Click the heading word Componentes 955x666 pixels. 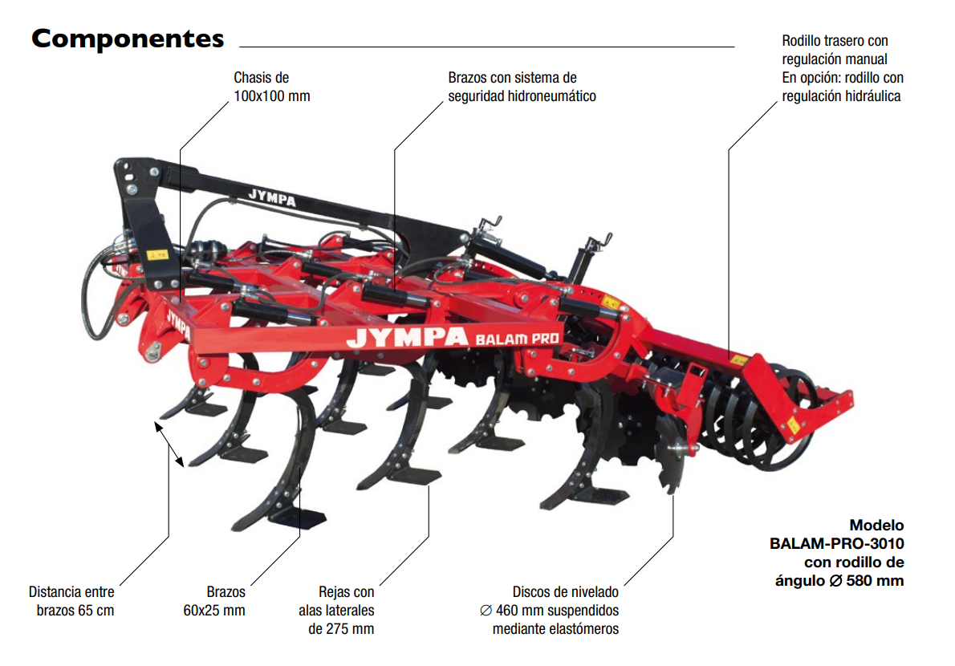tap(128, 39)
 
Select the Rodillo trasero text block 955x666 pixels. tap(843, 68)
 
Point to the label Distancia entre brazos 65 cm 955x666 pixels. tap(72, 601)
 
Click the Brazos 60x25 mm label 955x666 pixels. tap(214, 601)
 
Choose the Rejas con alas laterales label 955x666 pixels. tap(336, 610)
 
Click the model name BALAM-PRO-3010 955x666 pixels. tap(837, 543)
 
